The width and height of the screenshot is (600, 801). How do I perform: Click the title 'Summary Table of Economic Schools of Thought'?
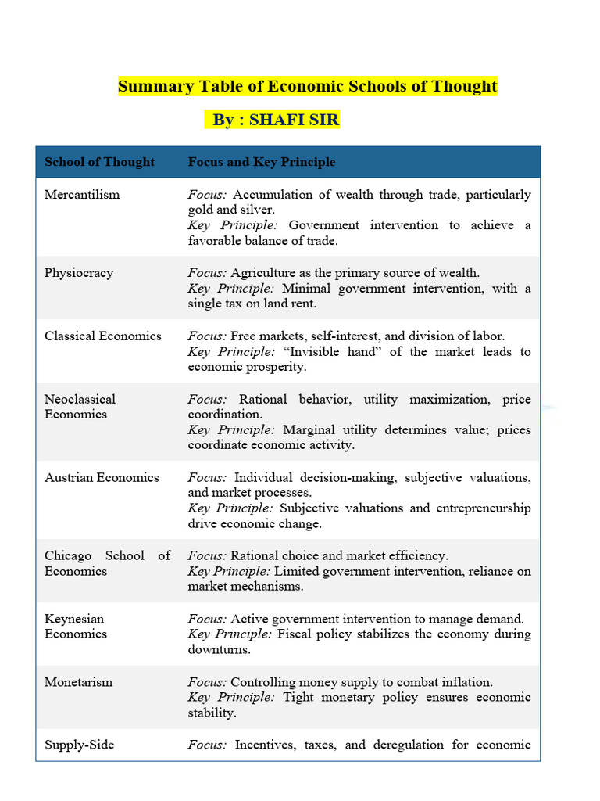pos(307,86)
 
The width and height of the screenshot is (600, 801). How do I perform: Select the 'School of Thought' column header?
pos(99,162)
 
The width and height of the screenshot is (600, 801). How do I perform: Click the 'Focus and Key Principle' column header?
pos(261,162)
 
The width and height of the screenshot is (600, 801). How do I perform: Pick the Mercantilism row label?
pos(82,194)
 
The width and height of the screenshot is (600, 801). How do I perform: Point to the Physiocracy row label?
pos(79,273)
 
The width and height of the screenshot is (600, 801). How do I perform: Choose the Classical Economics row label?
pos(102,336)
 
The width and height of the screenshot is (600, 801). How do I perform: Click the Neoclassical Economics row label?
pos(80,407)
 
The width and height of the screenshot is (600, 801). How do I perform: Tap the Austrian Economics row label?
pos(102,477)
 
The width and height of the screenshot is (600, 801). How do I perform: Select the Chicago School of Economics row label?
pos(107,563)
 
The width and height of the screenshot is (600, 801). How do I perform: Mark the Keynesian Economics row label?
pos(76,626)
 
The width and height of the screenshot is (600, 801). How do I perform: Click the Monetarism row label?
pos(78,681)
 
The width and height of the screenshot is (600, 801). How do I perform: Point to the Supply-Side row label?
pos(79,745)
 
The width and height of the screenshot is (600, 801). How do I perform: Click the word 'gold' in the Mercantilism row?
pos(201,210)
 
